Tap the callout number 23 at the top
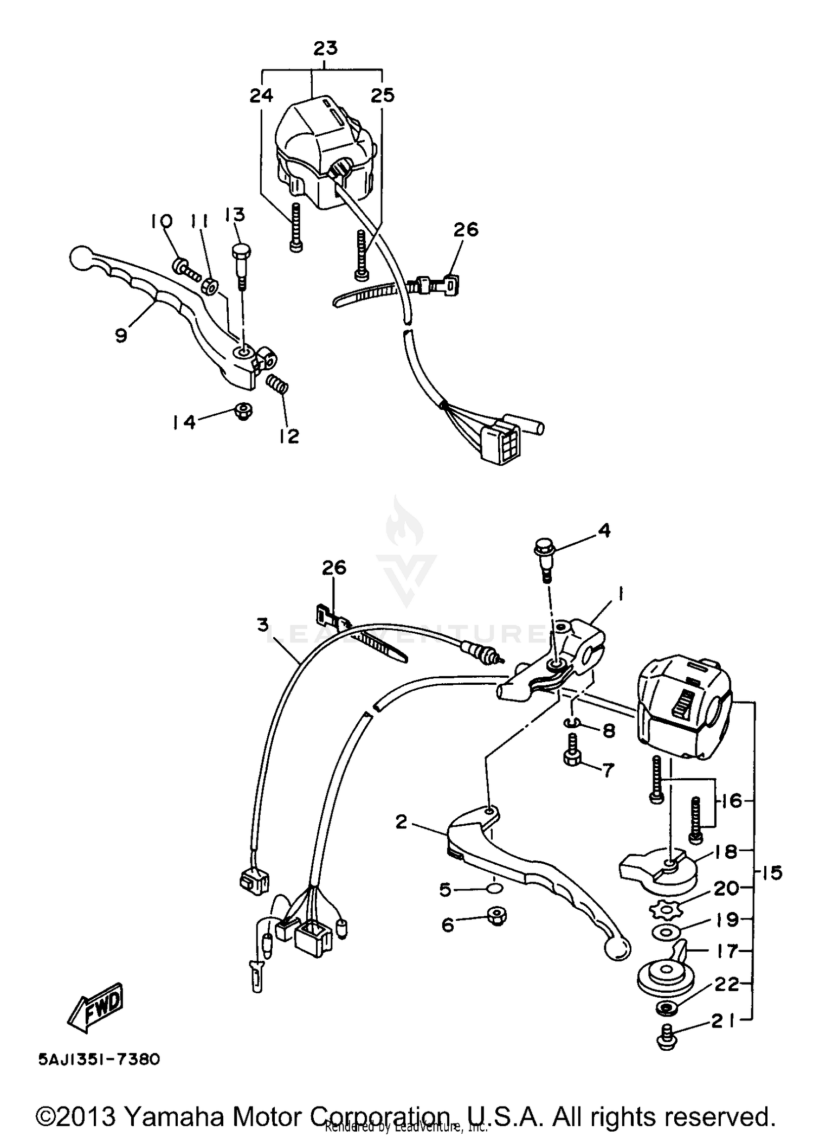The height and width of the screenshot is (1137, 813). [326, 49]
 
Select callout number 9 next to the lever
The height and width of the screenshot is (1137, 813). [121, 336]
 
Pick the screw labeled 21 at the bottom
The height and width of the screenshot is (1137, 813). [666, 1036]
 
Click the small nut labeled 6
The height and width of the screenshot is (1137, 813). [495, 916]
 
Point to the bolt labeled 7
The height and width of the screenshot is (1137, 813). [572, 751]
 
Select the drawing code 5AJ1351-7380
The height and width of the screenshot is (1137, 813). [99, 1059]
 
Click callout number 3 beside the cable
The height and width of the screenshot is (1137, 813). [263, 626]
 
